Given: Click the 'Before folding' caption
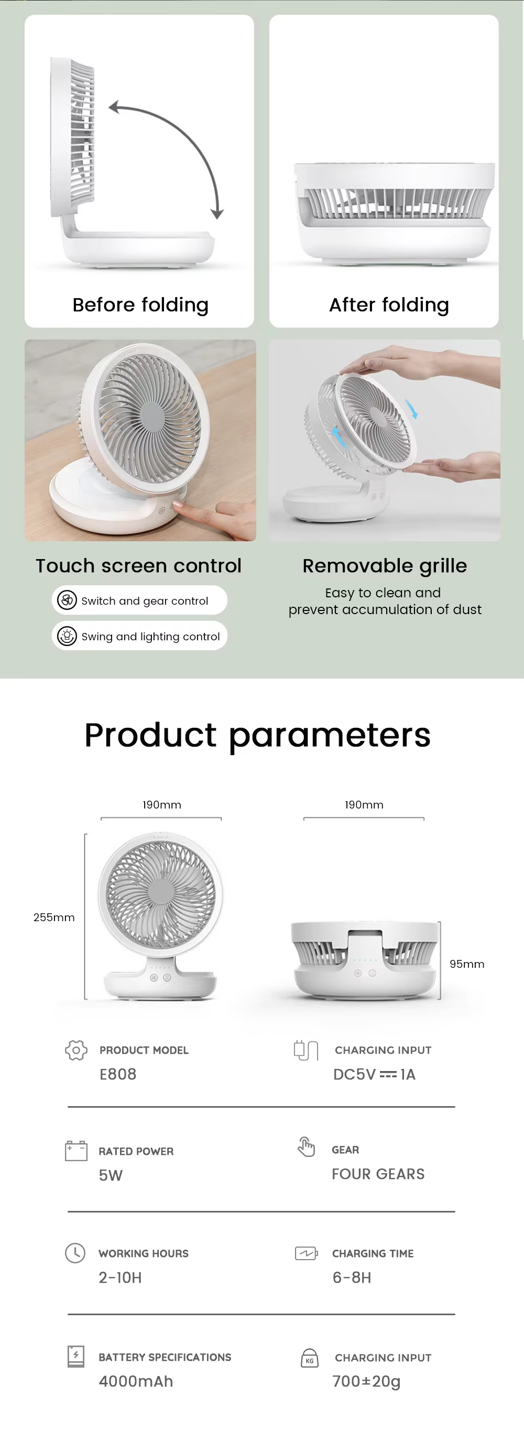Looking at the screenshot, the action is tap(140, 305).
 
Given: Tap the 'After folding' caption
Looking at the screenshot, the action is tap(389, 305).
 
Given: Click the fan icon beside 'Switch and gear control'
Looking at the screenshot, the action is tap(67, 600).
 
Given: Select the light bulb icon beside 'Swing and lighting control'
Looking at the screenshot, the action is tap(67, 636).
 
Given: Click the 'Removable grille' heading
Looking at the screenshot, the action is tap(385, 566).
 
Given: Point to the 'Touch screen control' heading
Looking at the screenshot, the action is tap(138, 565).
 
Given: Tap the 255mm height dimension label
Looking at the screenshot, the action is tap(54, 917).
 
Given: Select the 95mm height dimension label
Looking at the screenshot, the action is tap(467, 964).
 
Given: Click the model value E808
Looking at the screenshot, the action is tap(118, 1074).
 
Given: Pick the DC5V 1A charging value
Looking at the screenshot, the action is tap(374, 1074).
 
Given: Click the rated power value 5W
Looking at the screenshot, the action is tap(111, 1175).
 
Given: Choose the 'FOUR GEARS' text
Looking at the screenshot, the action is tap(378, 1174).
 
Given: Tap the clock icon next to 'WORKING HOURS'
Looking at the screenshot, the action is tap(75, 1253).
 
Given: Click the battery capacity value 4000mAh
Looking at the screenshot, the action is tap(136, 1381).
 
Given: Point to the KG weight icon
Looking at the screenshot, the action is tap(310, 1358).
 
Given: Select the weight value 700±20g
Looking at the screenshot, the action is tap(366, 1381).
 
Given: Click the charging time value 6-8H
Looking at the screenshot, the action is tap(352, 1277).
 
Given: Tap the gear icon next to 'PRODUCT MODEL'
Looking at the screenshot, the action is tap(76, 1050).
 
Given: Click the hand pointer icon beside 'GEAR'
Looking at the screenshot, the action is tap(306, 1146).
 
